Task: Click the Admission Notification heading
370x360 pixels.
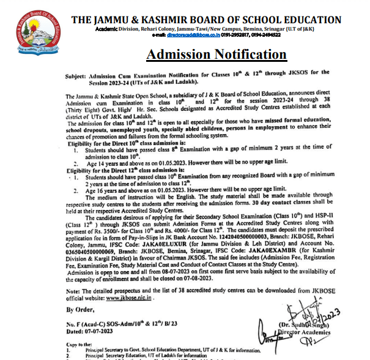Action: pos(216,54)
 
